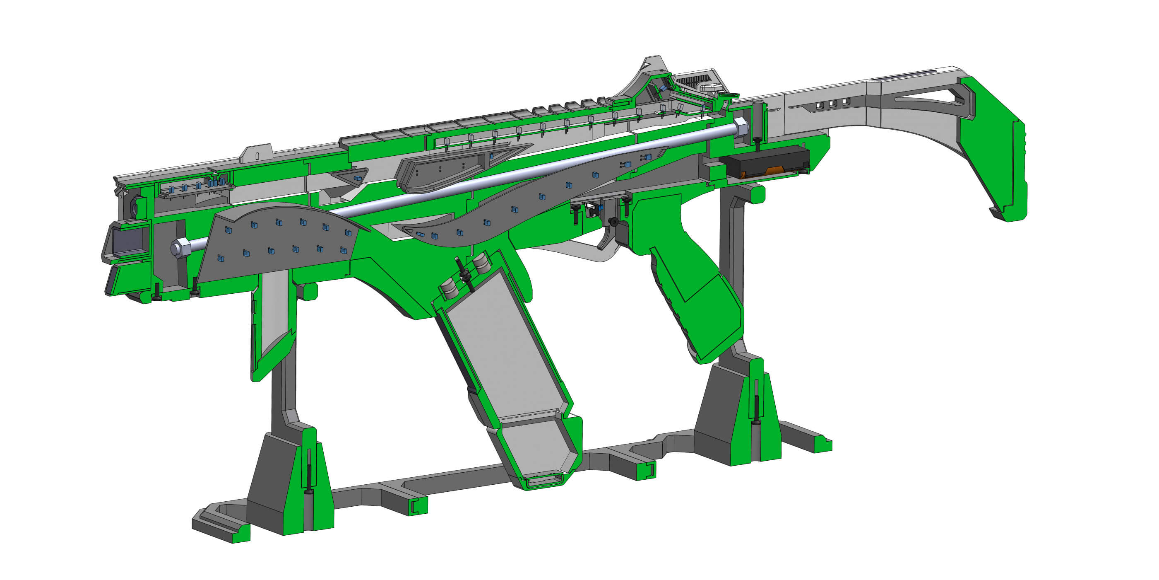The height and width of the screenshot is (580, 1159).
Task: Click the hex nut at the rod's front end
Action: pyautogui.click(x=179, y=248)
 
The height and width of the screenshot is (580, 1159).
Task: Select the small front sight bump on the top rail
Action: pyautogui.click(x=257, y=153)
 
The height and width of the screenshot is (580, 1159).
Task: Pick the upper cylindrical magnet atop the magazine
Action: pyautogui.click(x=481, y=263)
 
